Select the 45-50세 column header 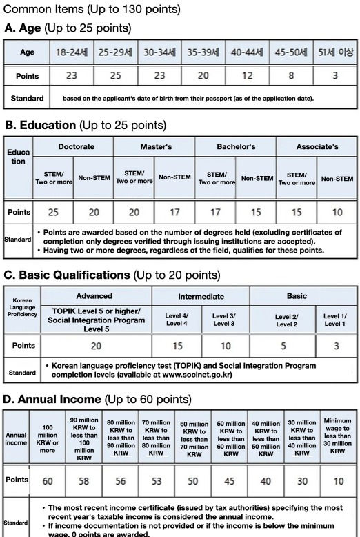coord(290,52)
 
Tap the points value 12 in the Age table coord(246,75)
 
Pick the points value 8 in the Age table coord(290,75)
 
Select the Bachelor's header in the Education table coord(235,147)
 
